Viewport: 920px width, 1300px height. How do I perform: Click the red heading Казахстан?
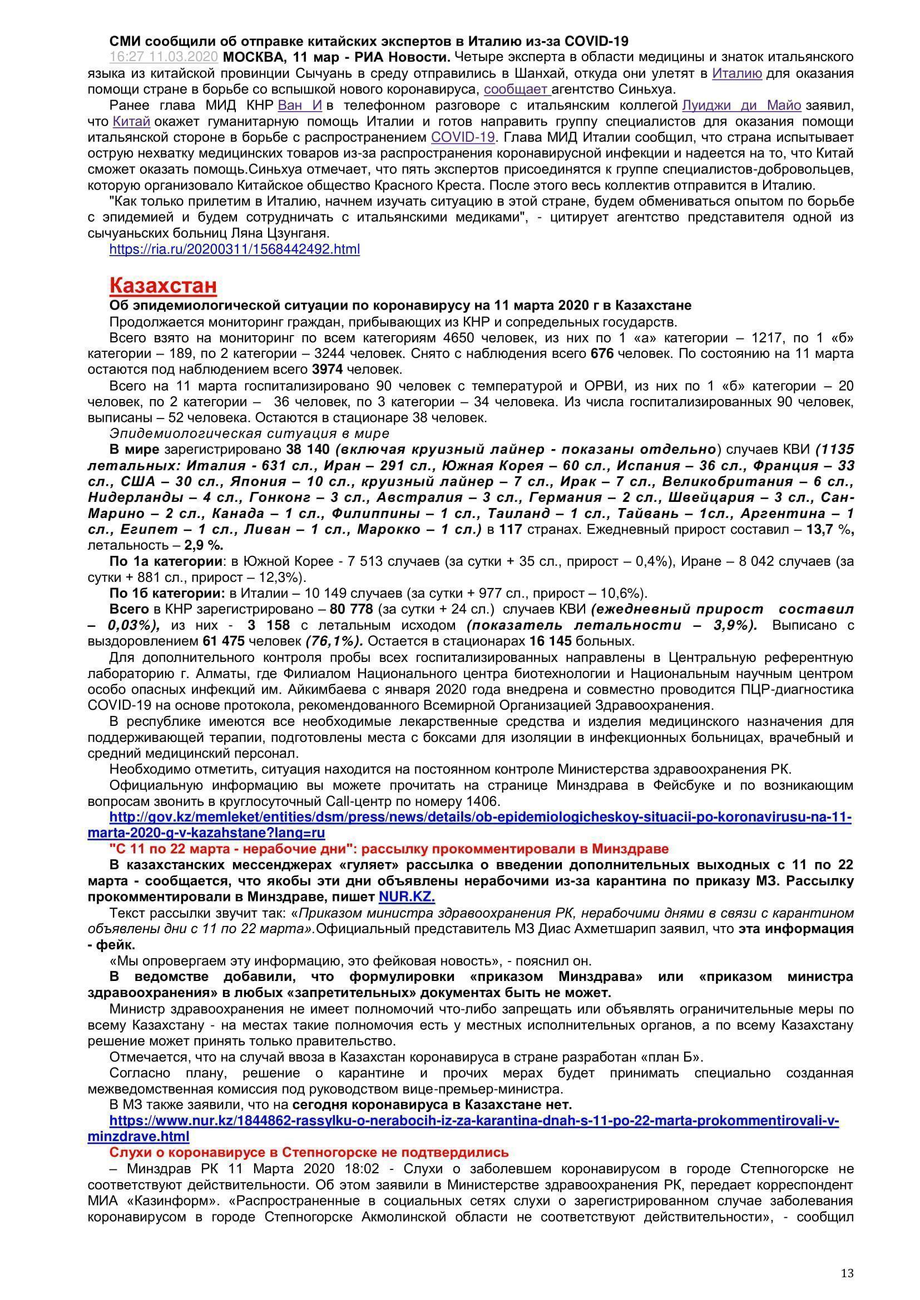point(163,285)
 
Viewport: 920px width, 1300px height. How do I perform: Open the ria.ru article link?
point(235,249)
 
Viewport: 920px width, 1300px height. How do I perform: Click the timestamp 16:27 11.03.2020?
point(164,57)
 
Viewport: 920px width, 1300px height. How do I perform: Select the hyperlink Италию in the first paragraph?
point(736,73)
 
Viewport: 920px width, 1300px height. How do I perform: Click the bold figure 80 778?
point(351,610)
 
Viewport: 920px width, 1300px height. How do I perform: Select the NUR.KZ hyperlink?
point(407,898)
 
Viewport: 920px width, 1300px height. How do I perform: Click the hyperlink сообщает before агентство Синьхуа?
point(516,89)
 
